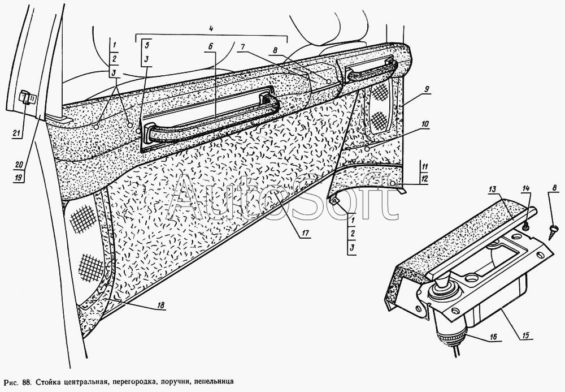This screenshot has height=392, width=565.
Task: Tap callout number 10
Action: [425, 123]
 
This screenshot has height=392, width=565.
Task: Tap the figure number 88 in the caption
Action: [27, 381]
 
